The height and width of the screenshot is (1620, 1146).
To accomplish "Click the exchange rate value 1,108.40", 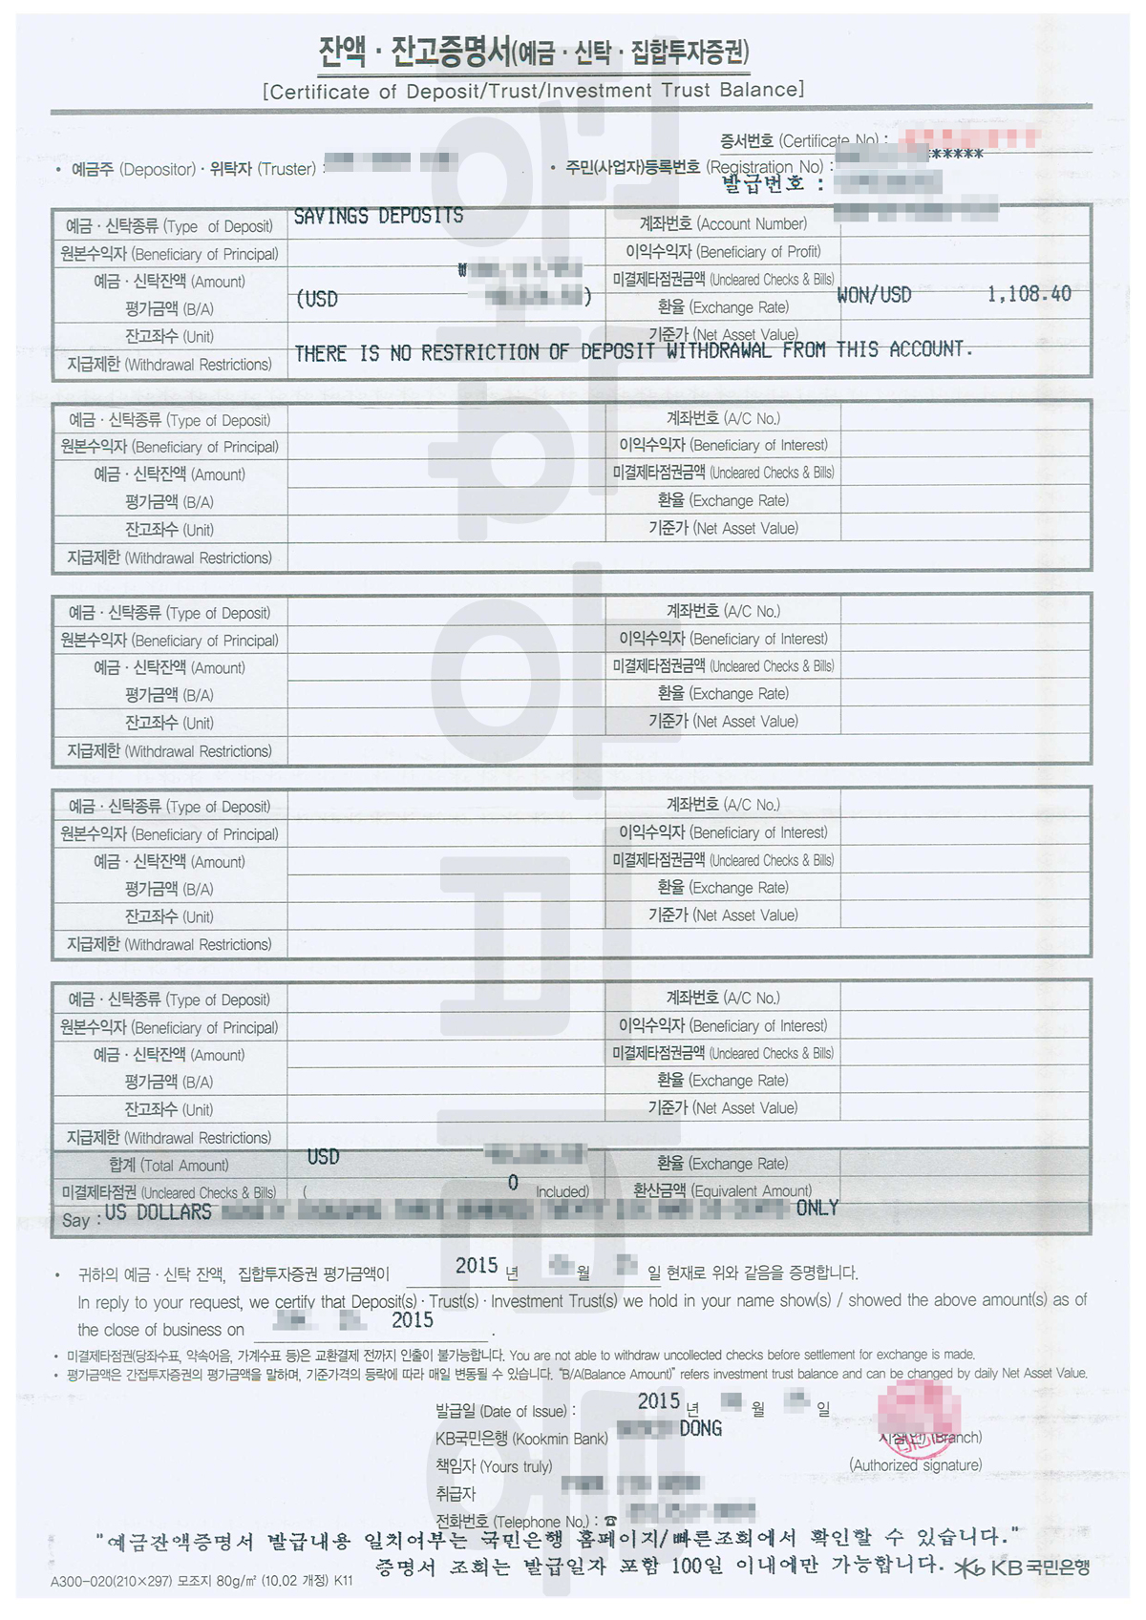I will pos(1029,294).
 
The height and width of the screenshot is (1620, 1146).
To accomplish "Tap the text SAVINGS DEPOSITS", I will pos(378,217).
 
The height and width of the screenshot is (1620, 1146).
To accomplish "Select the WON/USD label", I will pos(874,295).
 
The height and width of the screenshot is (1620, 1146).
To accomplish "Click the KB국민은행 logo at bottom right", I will pos(1022,1567).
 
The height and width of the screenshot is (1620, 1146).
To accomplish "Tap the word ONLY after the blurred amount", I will pos(817,1209).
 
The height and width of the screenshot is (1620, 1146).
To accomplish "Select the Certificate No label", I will pos(803,141).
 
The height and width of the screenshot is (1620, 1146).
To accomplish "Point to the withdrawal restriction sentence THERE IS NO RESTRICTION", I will pos(633,352).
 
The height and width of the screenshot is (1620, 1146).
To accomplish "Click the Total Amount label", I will pos(169,1166).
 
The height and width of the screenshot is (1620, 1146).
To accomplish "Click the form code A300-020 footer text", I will pos(202,1581).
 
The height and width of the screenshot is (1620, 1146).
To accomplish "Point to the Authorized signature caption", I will pos(915,1465).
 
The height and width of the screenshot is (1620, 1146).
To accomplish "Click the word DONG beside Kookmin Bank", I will pos(700,1429).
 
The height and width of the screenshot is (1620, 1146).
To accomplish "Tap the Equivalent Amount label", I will pos(722,1191).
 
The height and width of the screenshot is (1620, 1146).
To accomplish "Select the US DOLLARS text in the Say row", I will pos(159,1212).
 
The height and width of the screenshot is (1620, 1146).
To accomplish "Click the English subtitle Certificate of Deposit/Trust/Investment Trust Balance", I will pos(534,91).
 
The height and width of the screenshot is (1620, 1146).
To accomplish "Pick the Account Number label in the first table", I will pos(723,224).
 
